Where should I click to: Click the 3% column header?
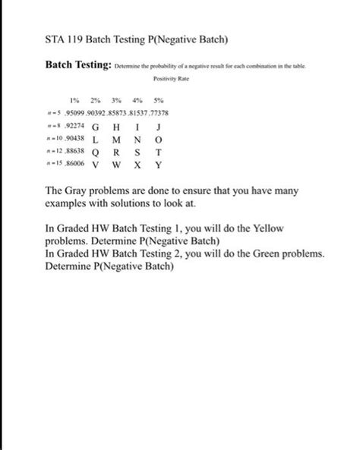click(116, 101)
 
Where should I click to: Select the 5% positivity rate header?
click(158, 101)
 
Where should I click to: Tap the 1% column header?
click(74, 101)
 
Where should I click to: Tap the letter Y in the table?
click(158, 164)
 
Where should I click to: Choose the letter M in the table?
click(116, 140)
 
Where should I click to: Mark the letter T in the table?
click(158, 152)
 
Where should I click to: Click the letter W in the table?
click(116, 164)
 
